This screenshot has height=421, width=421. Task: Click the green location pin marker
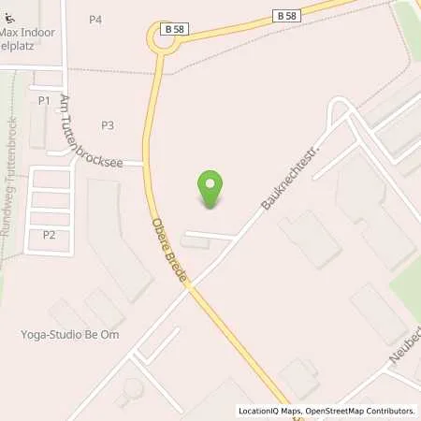coord(211,187)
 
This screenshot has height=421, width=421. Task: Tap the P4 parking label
coord(95,20)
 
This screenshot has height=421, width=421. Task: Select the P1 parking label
coord(44,100)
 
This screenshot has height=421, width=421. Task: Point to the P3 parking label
coord(108,125)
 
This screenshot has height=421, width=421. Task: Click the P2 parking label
coord(49,235)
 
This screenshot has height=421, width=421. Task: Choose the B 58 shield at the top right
coord(286,15)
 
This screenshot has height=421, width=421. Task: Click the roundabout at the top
coord(164,38)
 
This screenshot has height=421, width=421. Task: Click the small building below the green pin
coord(196,242)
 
